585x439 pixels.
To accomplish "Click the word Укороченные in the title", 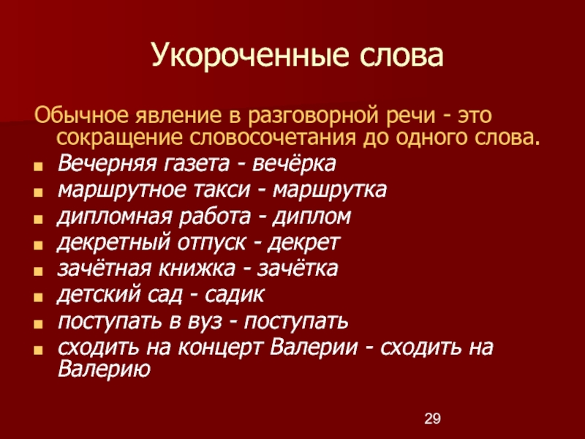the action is coord(250,56).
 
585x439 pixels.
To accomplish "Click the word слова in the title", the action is coord(401,56).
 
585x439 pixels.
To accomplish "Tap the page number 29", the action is coord(432,419).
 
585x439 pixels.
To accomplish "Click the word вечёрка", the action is coord(294,163).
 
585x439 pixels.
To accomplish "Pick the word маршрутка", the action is coord(330,190).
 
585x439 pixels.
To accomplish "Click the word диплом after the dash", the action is coord(312,217).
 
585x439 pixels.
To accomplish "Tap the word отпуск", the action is coord(212,243).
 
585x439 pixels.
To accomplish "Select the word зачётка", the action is coord(298,269).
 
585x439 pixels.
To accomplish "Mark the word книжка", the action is coord(197,269).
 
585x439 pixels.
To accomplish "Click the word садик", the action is coord(234,295).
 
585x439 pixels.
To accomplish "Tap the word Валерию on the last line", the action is coord(104,369).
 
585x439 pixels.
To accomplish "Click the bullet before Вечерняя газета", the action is coord(38,167).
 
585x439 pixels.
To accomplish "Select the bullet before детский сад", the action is coord(38,298).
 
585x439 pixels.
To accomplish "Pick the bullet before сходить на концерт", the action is coord(38,350).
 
